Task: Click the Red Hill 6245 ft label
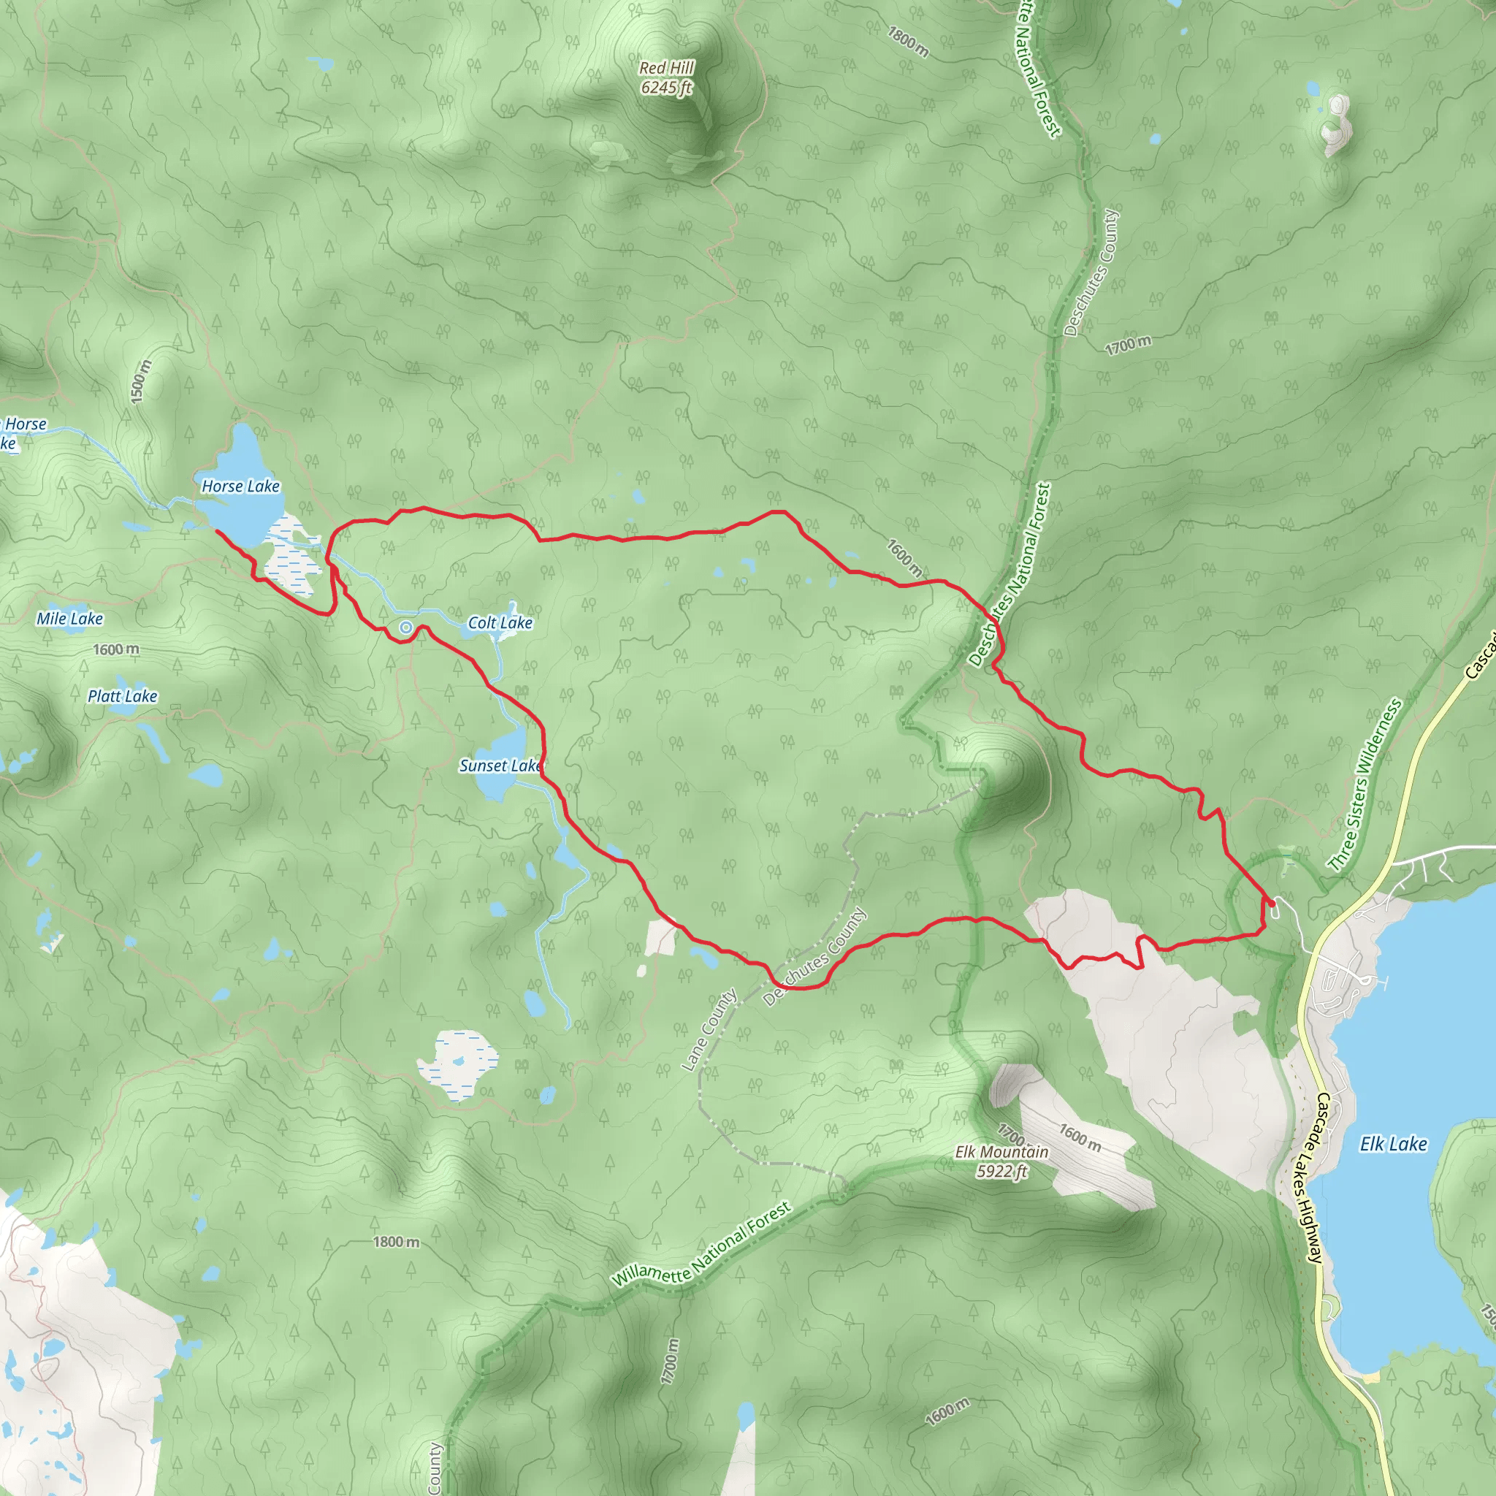667,77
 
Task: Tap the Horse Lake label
240,486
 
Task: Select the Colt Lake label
500,622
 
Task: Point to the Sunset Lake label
500,765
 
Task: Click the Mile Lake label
69,619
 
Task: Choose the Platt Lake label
122,696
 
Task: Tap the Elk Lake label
1393,1144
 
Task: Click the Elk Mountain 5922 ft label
1001,1161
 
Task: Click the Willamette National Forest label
701,1244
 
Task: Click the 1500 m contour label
140,381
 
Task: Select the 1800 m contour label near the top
907,42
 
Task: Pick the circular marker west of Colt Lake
405,627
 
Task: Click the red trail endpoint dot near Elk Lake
1272,903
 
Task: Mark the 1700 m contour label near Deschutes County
1127,345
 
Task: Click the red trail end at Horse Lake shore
216,531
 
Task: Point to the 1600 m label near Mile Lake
116,649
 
